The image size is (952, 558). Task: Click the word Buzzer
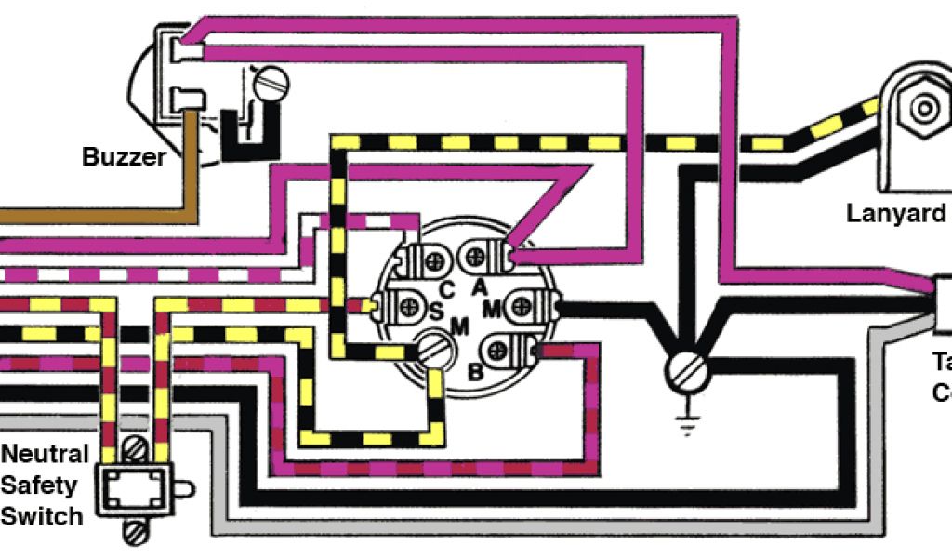tap(124, 155)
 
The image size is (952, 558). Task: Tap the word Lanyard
tap(895, 213)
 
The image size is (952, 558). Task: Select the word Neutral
tap(45, 455)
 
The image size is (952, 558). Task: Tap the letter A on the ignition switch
tap(480, 287)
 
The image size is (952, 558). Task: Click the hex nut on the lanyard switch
tap(924, 108)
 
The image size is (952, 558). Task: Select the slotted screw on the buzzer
tap(272, 84)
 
